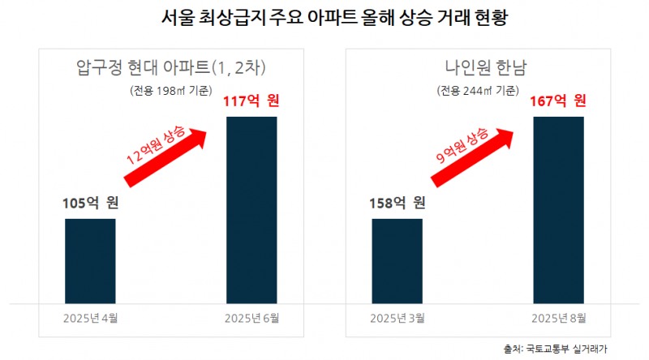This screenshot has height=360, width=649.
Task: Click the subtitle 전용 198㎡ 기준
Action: point(170,90)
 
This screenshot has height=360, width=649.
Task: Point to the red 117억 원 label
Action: point(251,101)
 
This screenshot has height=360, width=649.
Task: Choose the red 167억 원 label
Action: point(558,101)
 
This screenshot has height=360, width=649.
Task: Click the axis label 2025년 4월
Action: point(90,318)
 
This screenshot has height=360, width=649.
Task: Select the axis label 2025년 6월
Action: point(251,318)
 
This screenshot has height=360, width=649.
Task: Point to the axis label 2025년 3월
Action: point(397,318)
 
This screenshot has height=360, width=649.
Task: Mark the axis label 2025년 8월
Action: point(558,318)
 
